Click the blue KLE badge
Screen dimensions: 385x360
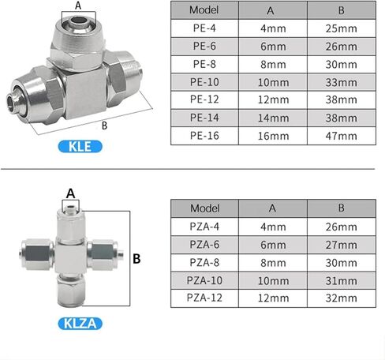coord(80,146)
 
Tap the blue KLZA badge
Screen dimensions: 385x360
coord(80,324)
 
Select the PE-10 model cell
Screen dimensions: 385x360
coord(204,82)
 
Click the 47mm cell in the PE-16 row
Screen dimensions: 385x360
coord(342,136)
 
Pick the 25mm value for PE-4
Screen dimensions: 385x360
coord(342,28)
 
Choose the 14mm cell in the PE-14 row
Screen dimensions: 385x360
coord(273,118)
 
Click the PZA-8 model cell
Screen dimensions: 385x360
coord(204,263)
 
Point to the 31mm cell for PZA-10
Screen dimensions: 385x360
coord(342,280)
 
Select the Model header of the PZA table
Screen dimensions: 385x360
coord(204,208)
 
